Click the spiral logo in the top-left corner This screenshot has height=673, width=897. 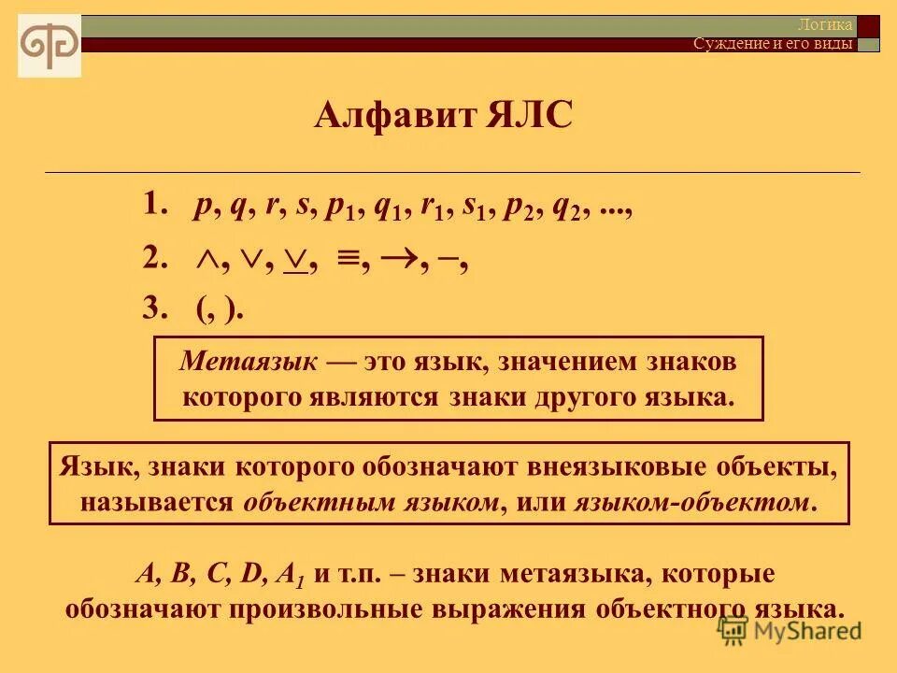click(x=50, y=46)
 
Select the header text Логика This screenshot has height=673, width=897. click(x=825, y=25)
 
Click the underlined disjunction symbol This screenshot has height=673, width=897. click(x=297, y=263)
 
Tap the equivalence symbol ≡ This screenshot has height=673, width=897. click(x=349, y=263)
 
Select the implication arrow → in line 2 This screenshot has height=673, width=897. click(x=404, y=262)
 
